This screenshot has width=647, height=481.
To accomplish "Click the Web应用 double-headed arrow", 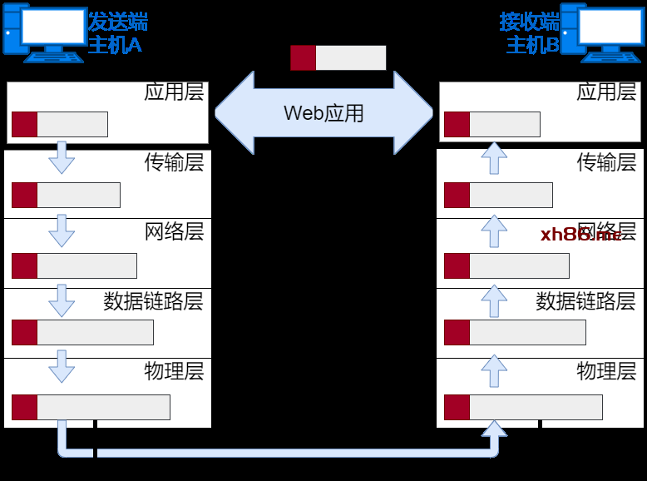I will coord(324,112).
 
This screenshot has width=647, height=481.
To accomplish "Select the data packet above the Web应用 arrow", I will coord(338,57).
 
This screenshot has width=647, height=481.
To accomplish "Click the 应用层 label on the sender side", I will coord(174,92).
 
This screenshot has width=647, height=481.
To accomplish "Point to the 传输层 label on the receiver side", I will coord(606,161).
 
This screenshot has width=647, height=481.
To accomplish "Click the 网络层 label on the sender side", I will coord(174,231).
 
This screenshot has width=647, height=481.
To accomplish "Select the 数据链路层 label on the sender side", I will coord(153,300).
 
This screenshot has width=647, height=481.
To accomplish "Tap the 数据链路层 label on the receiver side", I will coord(585,300).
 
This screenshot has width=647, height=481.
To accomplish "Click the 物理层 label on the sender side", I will coord(174,370).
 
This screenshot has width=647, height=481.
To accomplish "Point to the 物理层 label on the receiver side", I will coord(606,370).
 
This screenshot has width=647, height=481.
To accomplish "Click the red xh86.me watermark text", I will coord(580,235).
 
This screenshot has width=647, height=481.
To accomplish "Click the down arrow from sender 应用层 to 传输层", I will coord(62,157).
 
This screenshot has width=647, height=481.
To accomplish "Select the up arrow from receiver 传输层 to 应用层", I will coord(494,157).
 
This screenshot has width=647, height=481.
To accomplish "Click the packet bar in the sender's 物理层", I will coord(91,408).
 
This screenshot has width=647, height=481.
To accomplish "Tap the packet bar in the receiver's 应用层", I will coord(492,124).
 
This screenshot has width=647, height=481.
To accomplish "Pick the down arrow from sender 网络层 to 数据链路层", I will coord(62,300).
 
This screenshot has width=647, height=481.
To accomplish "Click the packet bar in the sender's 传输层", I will coord(66,195).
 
